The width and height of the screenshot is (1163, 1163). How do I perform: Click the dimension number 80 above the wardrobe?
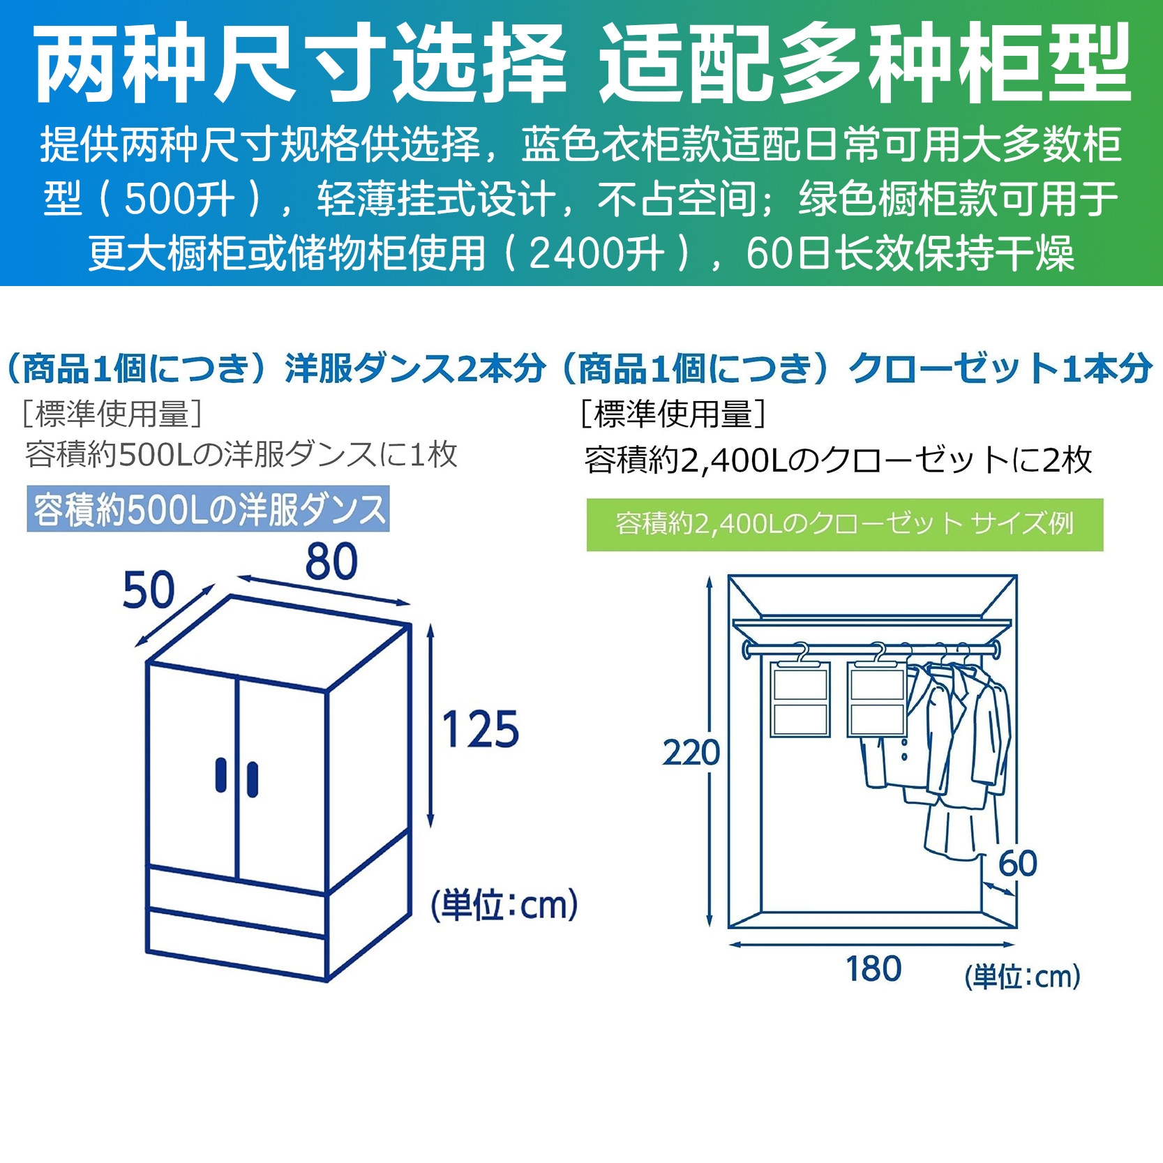click(x=331, y=562)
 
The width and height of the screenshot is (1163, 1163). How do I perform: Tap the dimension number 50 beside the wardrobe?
click(x=148, y=590)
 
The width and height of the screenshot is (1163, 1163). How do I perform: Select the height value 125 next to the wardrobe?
click(x=481, y=730)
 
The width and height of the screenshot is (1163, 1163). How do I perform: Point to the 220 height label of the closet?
click(x=691, y=753)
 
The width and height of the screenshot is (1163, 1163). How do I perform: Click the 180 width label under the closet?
click(x=873, y=969)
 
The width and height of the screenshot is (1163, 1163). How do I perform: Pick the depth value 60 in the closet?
click(x=1017, y=864)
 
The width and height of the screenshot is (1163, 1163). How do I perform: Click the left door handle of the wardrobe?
click(x=221, y=775)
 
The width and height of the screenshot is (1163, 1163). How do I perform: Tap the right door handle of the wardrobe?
click(x=252, y=780)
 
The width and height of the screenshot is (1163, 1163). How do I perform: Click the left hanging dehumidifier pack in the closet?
click(x=800, y=699)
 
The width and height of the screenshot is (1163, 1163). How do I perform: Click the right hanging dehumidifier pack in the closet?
click(x=877, y=699)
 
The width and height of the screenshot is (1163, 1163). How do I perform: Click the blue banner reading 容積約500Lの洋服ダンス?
click(x=208, y=509)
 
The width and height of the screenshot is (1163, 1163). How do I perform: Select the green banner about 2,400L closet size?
click(x=844, y=525)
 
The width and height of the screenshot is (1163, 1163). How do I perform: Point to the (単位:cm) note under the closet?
click(x=1022, y=977)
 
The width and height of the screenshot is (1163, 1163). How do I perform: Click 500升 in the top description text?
click(x=179, y=200)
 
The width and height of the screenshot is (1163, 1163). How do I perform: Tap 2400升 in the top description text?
click(x=596, y=253)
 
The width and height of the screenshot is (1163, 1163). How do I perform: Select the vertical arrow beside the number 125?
click(x=430, y=726)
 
